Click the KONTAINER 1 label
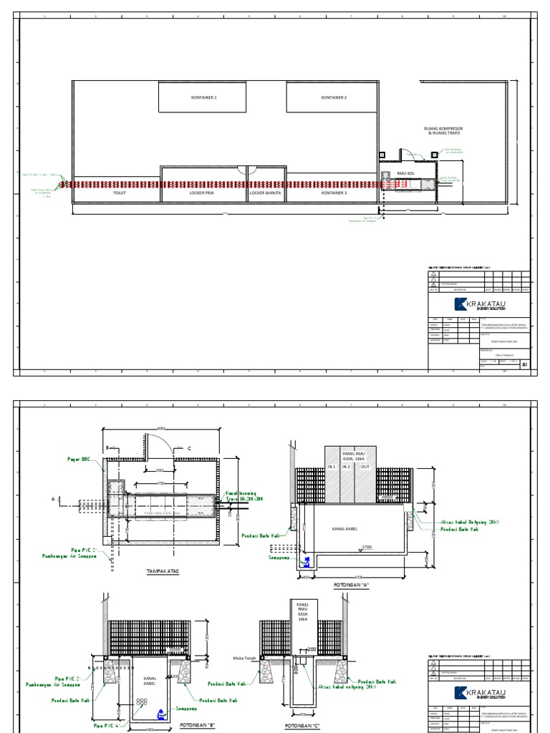pos(203,97)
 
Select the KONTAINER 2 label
pos(334,97)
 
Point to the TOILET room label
pos(118,193)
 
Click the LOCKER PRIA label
pos(204,193)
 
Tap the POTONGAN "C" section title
pos(301,726)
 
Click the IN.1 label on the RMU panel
pos(331,467)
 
